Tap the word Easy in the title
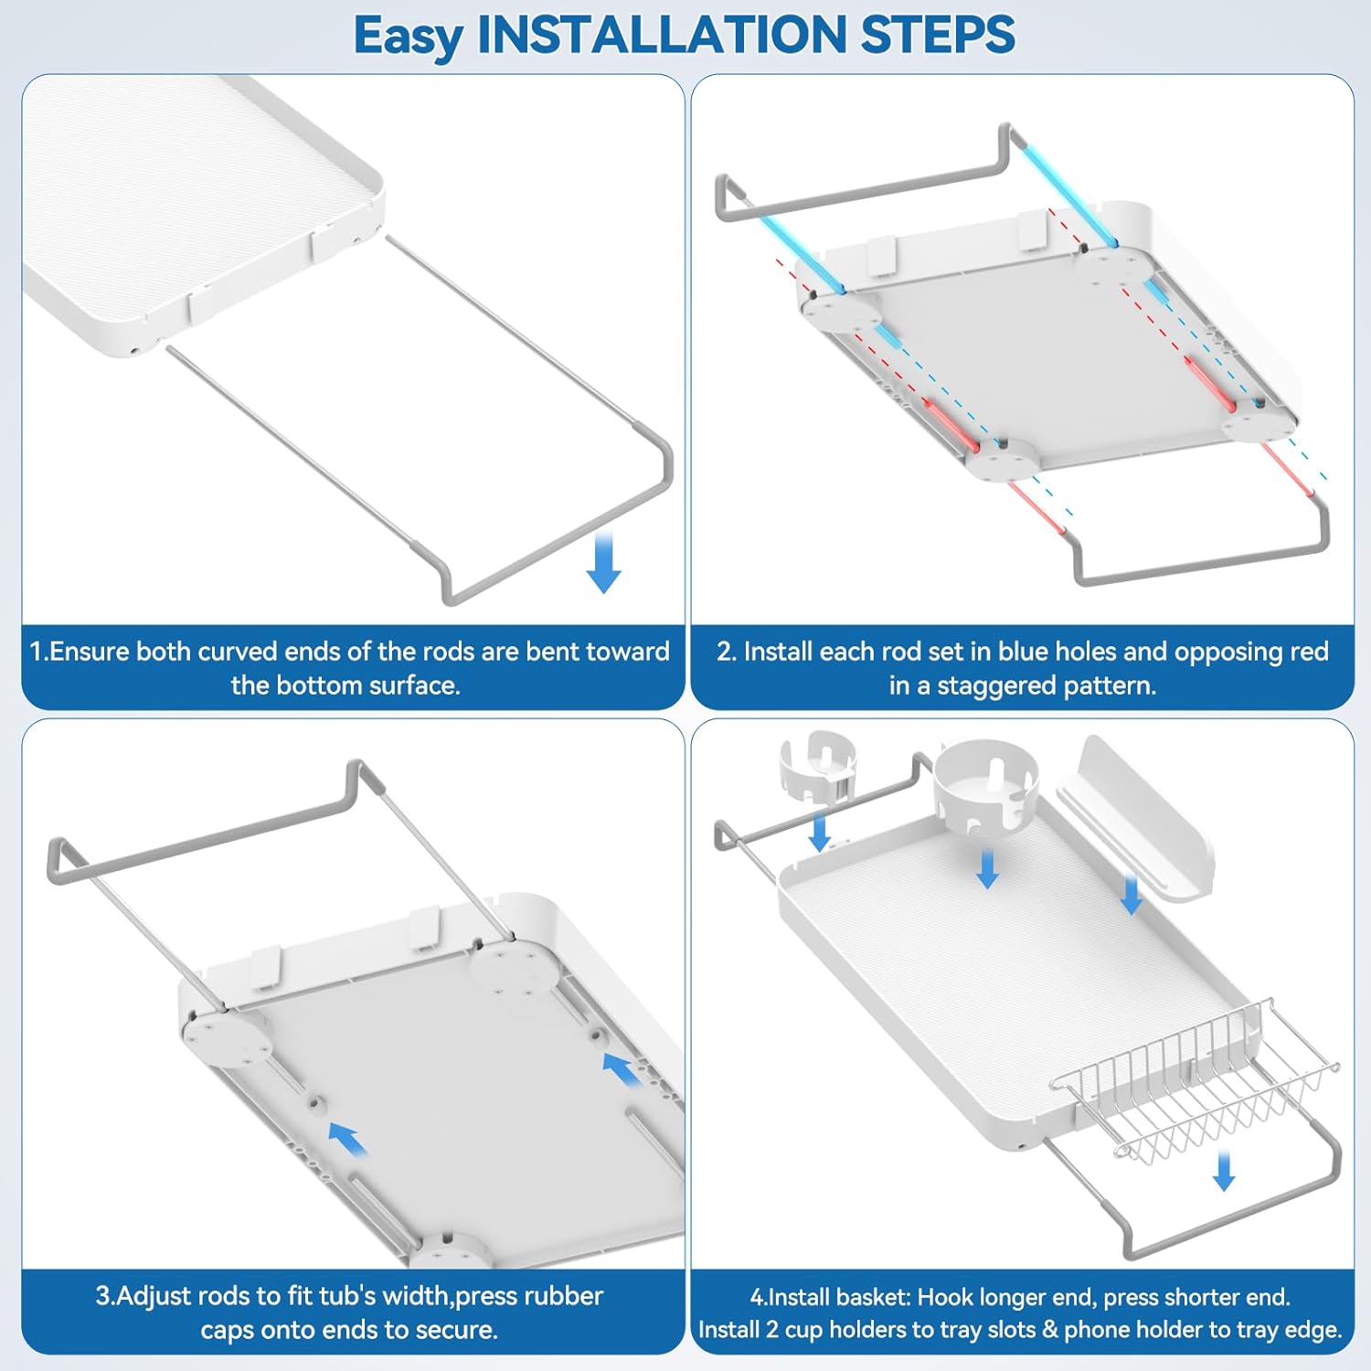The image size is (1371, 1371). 409,37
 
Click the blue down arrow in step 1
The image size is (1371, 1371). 603,563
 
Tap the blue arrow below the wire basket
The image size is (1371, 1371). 1224,1171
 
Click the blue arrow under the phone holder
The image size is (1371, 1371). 1132,895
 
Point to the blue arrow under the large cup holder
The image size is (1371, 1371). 987,867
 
